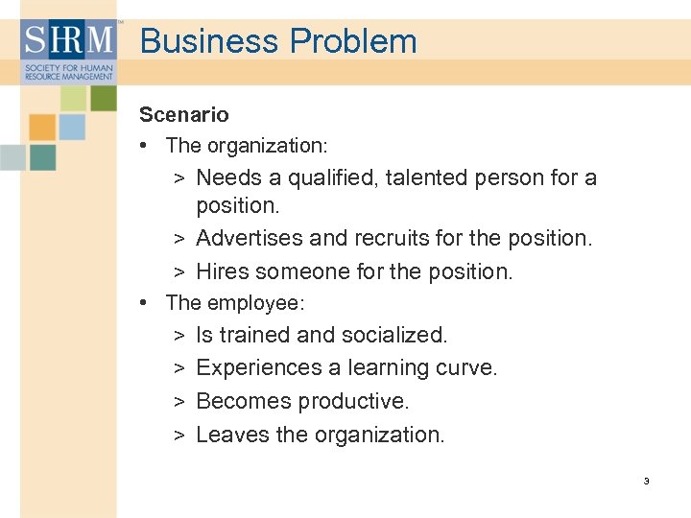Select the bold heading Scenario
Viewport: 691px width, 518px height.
[184, 115]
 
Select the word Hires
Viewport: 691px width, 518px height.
[224, 272]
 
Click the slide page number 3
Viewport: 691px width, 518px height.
[647, 481]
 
